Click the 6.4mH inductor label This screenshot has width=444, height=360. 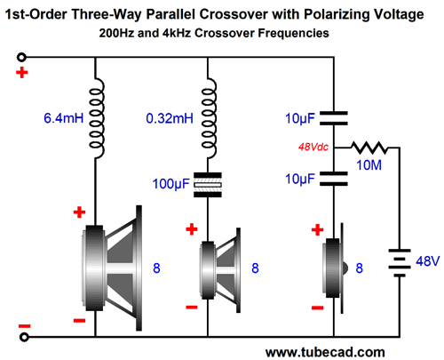(x=64, y=118)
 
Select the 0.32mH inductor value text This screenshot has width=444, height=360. (x=170, y=118)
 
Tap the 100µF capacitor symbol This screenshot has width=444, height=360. (x=208, y=185)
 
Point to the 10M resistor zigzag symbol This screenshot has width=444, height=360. (x=369, y=148)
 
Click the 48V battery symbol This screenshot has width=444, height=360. (x=400, y=263)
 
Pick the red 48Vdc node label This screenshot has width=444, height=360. (x=313, y=147)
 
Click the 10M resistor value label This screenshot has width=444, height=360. (x=369, y=165)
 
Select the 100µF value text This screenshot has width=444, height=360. (x=170, y=184)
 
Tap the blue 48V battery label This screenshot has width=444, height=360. (x=428, y=261)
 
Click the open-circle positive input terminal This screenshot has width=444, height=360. (x=21, y=57)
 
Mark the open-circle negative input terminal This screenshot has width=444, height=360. (x=24, y=337)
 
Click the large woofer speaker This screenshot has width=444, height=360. (x=112, y=268)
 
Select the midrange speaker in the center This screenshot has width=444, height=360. (x=219, y=270)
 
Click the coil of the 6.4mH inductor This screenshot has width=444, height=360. (x=97, y=118)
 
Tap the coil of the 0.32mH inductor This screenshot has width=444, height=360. (x=209, y=118)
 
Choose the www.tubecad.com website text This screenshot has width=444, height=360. (x=325, y=353)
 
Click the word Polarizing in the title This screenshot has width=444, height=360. (x=334, y=14)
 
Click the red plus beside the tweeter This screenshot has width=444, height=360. (x=317, y=230)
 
